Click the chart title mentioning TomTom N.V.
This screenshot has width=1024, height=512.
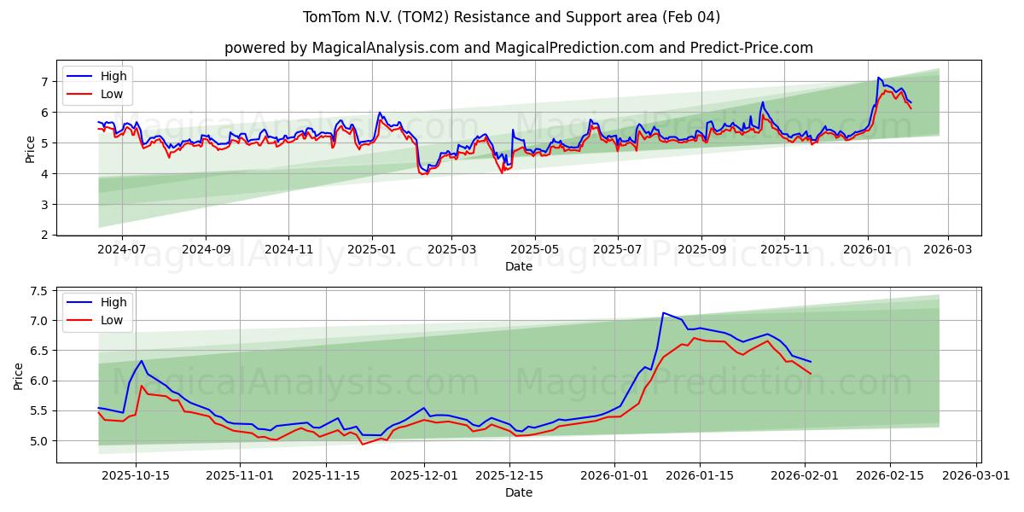click(511, 17)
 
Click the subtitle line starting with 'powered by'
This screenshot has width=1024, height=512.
click(518, 48)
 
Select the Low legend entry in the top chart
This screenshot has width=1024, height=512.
click(112, 94)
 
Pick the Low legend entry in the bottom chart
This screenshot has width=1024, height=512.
click(112, 320)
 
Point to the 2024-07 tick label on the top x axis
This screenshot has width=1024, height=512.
click(121, 249)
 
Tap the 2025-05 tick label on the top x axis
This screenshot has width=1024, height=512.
click(535, 249)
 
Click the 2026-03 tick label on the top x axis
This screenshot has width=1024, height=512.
click(949, 249)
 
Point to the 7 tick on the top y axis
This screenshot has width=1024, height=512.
click(44, 82)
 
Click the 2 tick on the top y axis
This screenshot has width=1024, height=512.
click(44, 235)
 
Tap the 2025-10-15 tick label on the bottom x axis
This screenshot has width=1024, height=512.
click(136, 476)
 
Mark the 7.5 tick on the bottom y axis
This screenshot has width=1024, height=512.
click(39, 291)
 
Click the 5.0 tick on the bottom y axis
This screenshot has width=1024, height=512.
click(39, 441)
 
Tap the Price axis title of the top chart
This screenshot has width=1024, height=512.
click(31, 149)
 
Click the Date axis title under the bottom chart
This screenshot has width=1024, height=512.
click(518, 492)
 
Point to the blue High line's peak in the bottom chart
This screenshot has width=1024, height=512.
click(663, 312)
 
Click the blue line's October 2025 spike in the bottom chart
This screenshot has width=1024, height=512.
click(142, 361)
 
